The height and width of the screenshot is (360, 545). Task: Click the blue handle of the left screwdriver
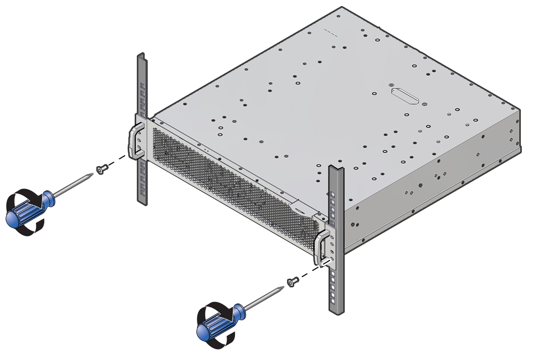point(28,207)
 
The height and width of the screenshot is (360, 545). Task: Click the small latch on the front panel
point(299,208)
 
